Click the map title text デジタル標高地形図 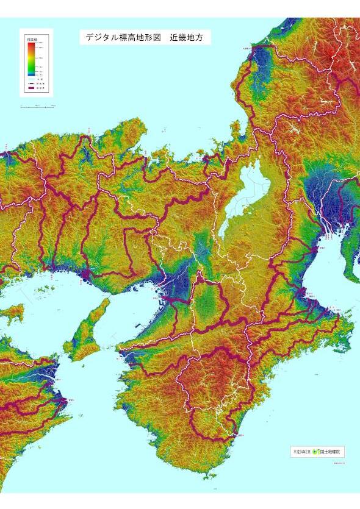(123, 38)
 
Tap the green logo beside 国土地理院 (315, 452)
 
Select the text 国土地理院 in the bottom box (331, 452)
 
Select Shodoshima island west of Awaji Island (13, 315)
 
